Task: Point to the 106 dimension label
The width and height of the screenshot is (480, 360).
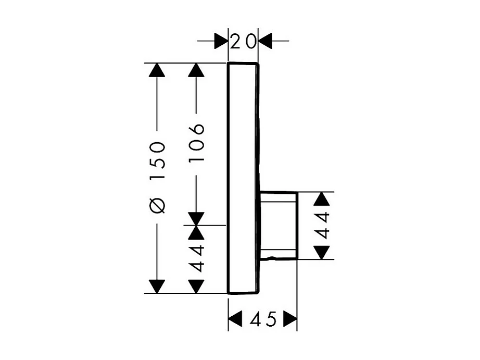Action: [x=196, y=143]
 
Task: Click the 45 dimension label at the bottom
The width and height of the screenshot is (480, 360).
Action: [x=263, y=319]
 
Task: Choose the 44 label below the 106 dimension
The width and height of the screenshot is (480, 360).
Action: [x=196, y=258]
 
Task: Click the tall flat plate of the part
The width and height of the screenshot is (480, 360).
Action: [x=243, y=177]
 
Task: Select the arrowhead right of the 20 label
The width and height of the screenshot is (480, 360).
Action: [x=266, y=41]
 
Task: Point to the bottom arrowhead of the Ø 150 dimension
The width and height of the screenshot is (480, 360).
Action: [x=157, y=286]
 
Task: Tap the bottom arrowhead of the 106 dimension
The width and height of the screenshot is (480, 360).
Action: [x=196, y=218]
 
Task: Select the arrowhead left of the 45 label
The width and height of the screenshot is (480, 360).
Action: [x=236, y=319]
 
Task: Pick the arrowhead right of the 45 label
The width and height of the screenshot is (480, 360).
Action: [x=290, y=319]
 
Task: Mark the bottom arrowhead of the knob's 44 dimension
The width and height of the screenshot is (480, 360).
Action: [x=323, y=252]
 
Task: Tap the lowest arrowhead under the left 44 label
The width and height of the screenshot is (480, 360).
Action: [x=196, y=286]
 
